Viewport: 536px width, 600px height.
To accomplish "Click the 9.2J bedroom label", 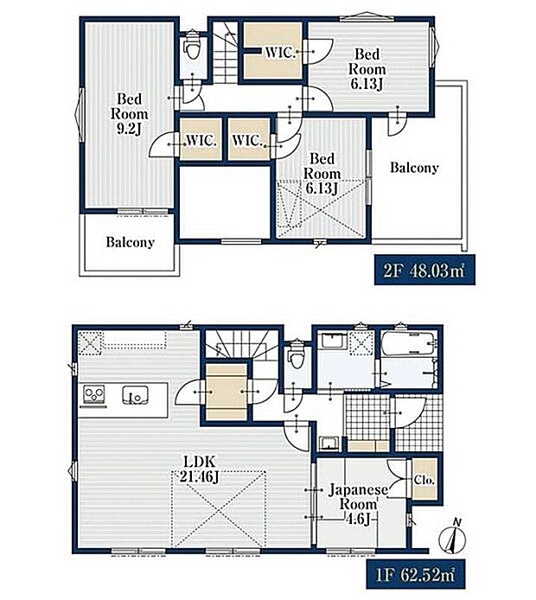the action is click(x=130, y=114).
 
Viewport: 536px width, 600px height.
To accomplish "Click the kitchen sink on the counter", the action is click(x=135, y=394).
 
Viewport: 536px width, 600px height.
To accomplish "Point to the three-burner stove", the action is click(x=94, y=394).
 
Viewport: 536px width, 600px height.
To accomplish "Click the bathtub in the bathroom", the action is click(x=409, y=344).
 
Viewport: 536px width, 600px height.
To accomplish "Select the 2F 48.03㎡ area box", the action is click(x=424, y=270).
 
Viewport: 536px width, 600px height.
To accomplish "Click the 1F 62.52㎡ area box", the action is click(x=416, y=574).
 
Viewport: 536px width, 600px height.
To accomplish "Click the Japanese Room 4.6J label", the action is click(x=358, y=504).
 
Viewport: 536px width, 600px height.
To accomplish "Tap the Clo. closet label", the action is click(x=424, y=480).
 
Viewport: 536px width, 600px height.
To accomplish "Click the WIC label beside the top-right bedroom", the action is click(x=279, y=53).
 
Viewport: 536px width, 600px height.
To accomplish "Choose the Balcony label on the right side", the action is click(x=414, y=167).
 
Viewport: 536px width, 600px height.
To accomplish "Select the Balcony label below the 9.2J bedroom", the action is click(x=130, y=242).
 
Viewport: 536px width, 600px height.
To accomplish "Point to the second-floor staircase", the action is click(x=225, y=53).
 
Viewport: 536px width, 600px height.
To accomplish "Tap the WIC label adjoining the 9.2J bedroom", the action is click(x=201, y=140).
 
